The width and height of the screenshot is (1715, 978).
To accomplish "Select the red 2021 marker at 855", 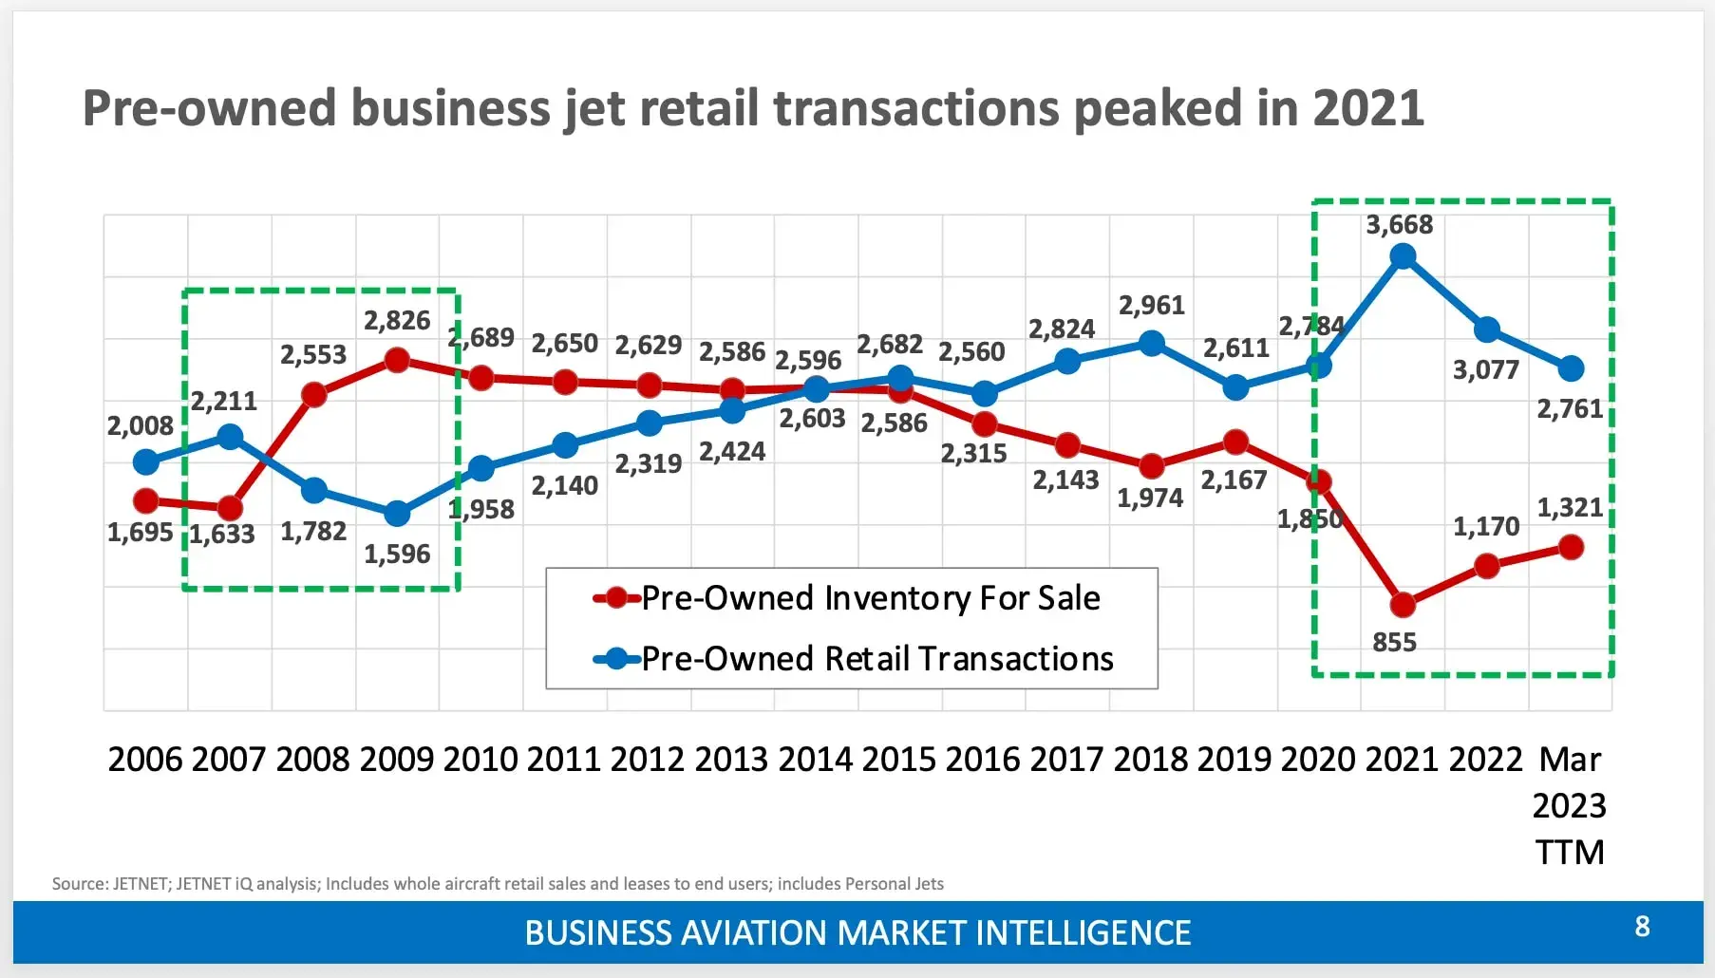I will coord(1403,604).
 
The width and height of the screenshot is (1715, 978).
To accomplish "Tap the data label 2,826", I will coord(397,321).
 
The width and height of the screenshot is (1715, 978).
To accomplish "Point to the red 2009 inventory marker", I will coord(397,360).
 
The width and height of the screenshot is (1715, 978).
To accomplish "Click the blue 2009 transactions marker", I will coord(397,514).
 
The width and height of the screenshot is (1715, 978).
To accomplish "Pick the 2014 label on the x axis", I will coord(815,760).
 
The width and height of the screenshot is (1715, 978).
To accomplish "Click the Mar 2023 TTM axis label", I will coord(1569,805).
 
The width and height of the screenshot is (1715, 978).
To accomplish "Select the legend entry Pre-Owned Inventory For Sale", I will coord(870,598).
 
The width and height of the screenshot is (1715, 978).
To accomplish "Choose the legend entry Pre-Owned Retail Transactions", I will coord(876,659).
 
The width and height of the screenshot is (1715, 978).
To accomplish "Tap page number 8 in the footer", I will coord(1642,927).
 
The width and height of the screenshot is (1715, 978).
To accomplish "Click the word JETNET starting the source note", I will coord(140,884).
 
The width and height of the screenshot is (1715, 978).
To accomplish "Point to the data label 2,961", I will coord(1151,306).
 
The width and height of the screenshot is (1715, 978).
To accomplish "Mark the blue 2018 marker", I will coord(1151,343).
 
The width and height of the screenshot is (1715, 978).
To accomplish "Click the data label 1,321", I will coord(1570,508).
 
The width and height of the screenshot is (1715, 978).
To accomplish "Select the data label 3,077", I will coord(1485,370).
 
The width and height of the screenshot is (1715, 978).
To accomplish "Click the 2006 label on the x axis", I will coord(144,760).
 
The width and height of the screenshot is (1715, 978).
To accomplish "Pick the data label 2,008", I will coord(140,426).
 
